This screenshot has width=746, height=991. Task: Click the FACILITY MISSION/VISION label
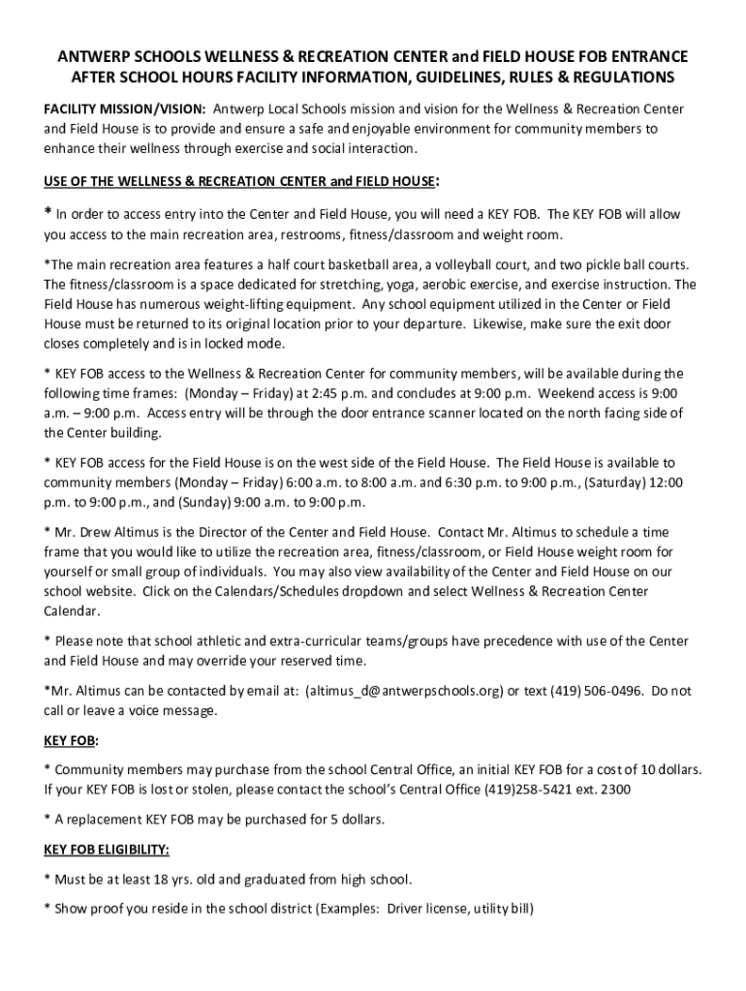point(124,108)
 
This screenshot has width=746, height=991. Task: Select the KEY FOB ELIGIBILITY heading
point(107,850)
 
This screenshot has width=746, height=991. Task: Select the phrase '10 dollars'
point(666,769)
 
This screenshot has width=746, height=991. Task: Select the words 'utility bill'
point(504,909)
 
